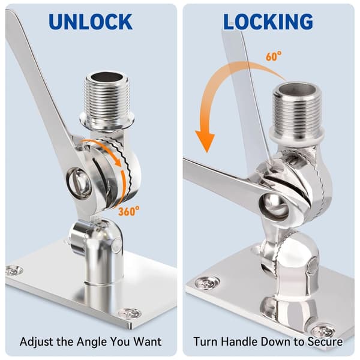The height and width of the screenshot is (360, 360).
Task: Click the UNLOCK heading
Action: (91, 22)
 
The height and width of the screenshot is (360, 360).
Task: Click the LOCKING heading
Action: (268, 22)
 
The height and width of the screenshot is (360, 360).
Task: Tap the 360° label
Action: (129, 211)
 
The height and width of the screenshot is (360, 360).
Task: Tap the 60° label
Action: (274, 56)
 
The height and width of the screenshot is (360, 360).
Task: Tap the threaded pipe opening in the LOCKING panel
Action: (295, 88)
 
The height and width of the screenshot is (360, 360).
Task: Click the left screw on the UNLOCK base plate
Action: (14, 271)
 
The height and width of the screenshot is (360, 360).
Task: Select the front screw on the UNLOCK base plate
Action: (129, 313)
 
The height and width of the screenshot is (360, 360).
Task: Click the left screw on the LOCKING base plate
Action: (206, 283)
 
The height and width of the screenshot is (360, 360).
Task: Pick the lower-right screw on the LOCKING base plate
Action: (323, 330)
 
